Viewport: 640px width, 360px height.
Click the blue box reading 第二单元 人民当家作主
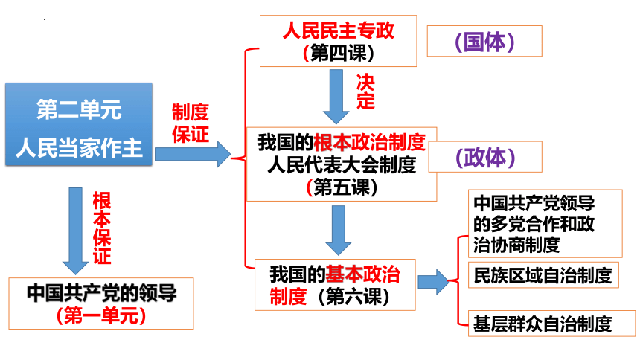(79, 124)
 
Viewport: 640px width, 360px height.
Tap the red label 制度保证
(191, 123)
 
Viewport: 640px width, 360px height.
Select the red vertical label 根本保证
(102, 228)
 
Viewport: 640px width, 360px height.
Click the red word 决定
(365, 91)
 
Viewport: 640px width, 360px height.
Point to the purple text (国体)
(484, 41)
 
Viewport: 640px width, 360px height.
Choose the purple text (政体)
(485, 157)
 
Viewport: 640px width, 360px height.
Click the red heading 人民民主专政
(339, 30)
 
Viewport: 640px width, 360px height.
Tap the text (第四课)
(339, 53)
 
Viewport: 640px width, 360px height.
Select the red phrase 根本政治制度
(369, 142)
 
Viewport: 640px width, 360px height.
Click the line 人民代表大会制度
(342, 165)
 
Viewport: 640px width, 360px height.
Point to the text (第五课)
(342, 187)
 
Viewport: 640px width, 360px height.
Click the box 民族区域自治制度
(543, 275)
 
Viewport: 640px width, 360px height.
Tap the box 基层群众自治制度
(552, 324)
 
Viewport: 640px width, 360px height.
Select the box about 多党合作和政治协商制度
(545, 224)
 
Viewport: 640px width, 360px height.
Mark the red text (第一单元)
(101, 315)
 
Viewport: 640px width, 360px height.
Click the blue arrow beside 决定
(336, 97)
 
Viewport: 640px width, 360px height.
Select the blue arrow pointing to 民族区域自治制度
(433, 282)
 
